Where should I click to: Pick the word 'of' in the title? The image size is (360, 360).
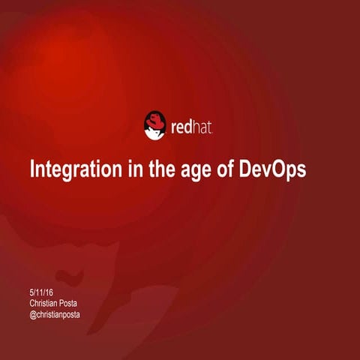[225, 169]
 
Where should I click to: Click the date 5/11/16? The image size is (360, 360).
[42, 293]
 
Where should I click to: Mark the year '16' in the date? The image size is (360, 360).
[51, 293]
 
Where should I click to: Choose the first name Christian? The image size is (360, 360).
[45, 304]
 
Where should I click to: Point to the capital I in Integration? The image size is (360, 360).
[31, 169]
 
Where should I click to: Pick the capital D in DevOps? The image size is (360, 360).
[246, 169]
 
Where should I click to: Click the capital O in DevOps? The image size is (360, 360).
[278, 169]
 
